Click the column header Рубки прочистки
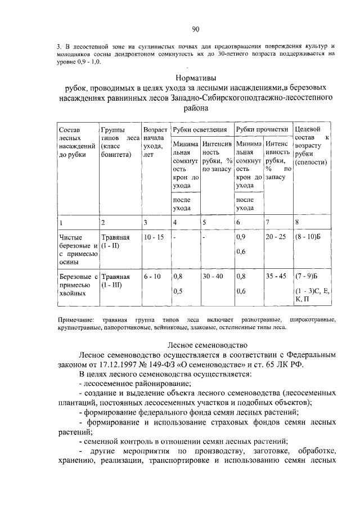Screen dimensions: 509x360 262,129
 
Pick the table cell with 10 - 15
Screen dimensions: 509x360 153,237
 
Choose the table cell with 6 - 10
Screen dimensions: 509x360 152,277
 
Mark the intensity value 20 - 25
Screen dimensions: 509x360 276,237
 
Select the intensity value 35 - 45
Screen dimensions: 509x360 276,277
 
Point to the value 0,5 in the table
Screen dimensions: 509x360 178,291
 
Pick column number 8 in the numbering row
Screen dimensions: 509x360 296,222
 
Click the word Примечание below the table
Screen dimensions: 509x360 76,319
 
